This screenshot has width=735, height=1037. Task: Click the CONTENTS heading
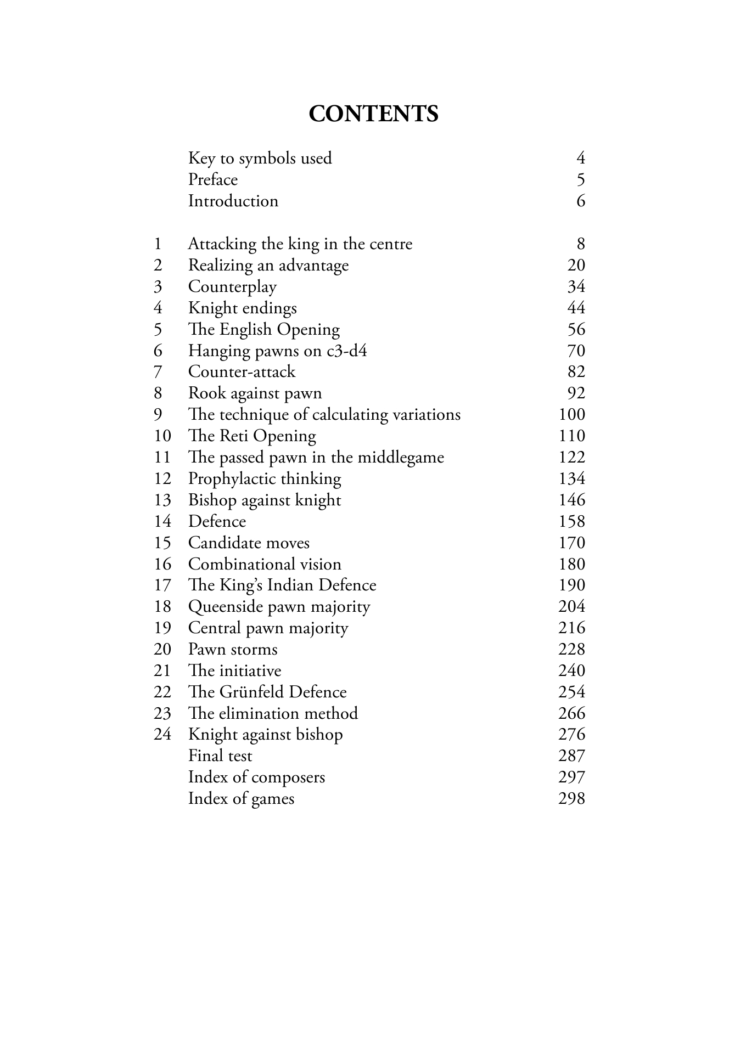(373, 114)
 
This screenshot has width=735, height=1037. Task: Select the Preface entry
(213, 180)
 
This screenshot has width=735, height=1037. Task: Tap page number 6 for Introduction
(581, 201)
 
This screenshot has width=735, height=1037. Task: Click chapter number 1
(158, 244)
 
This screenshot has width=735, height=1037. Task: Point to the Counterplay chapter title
(232, 287)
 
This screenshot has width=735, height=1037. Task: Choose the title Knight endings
(242, 308)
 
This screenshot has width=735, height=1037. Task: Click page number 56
(576, 330)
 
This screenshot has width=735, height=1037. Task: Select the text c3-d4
(347, 351)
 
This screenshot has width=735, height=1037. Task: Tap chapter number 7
(158, 372)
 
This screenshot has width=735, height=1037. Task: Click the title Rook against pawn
(255, 393)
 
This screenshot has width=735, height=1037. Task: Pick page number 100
(572, 415)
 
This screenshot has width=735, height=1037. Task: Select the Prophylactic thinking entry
(265, 479)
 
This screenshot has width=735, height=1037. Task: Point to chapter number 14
(162, 521)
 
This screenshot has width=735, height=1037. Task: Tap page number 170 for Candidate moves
(572, 543)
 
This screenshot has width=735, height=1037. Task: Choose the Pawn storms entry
(233, 650)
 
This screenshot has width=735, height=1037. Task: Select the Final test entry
(220, 756)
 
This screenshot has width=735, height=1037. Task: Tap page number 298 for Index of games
(572, 799)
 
